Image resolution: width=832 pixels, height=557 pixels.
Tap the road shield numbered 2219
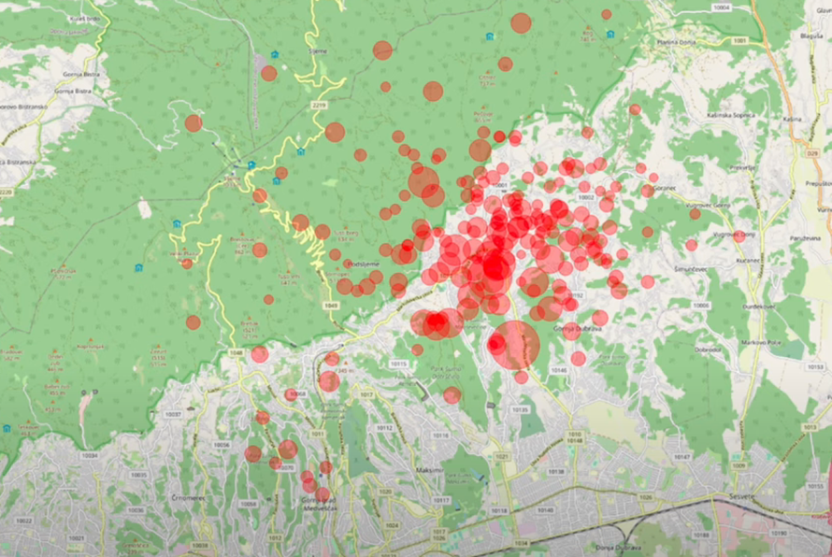click(320, 106)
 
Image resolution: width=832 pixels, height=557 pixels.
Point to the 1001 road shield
click(740, 42)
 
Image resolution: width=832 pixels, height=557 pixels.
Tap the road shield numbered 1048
click(236, 352)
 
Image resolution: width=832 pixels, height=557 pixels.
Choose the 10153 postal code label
click(815, 366)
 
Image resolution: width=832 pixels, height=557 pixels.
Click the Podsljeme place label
click(363, 264)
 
